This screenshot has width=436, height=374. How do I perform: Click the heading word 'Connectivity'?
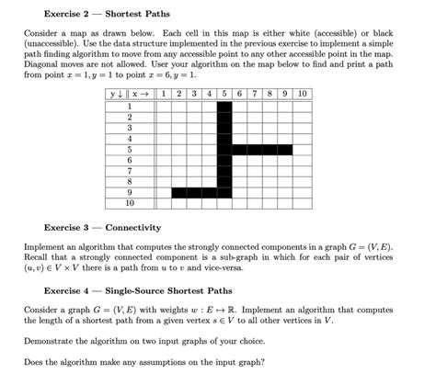coord(133,226)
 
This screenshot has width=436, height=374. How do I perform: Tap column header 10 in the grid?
coord(303,94)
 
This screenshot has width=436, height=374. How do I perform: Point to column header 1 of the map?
coord(163,94)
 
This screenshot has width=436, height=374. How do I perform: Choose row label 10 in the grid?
coord(129,201)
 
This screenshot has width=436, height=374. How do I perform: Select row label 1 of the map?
coord(129,106)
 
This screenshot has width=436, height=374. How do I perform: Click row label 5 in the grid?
coord(129,148)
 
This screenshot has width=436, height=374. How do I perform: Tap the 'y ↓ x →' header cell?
coord(129,94)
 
